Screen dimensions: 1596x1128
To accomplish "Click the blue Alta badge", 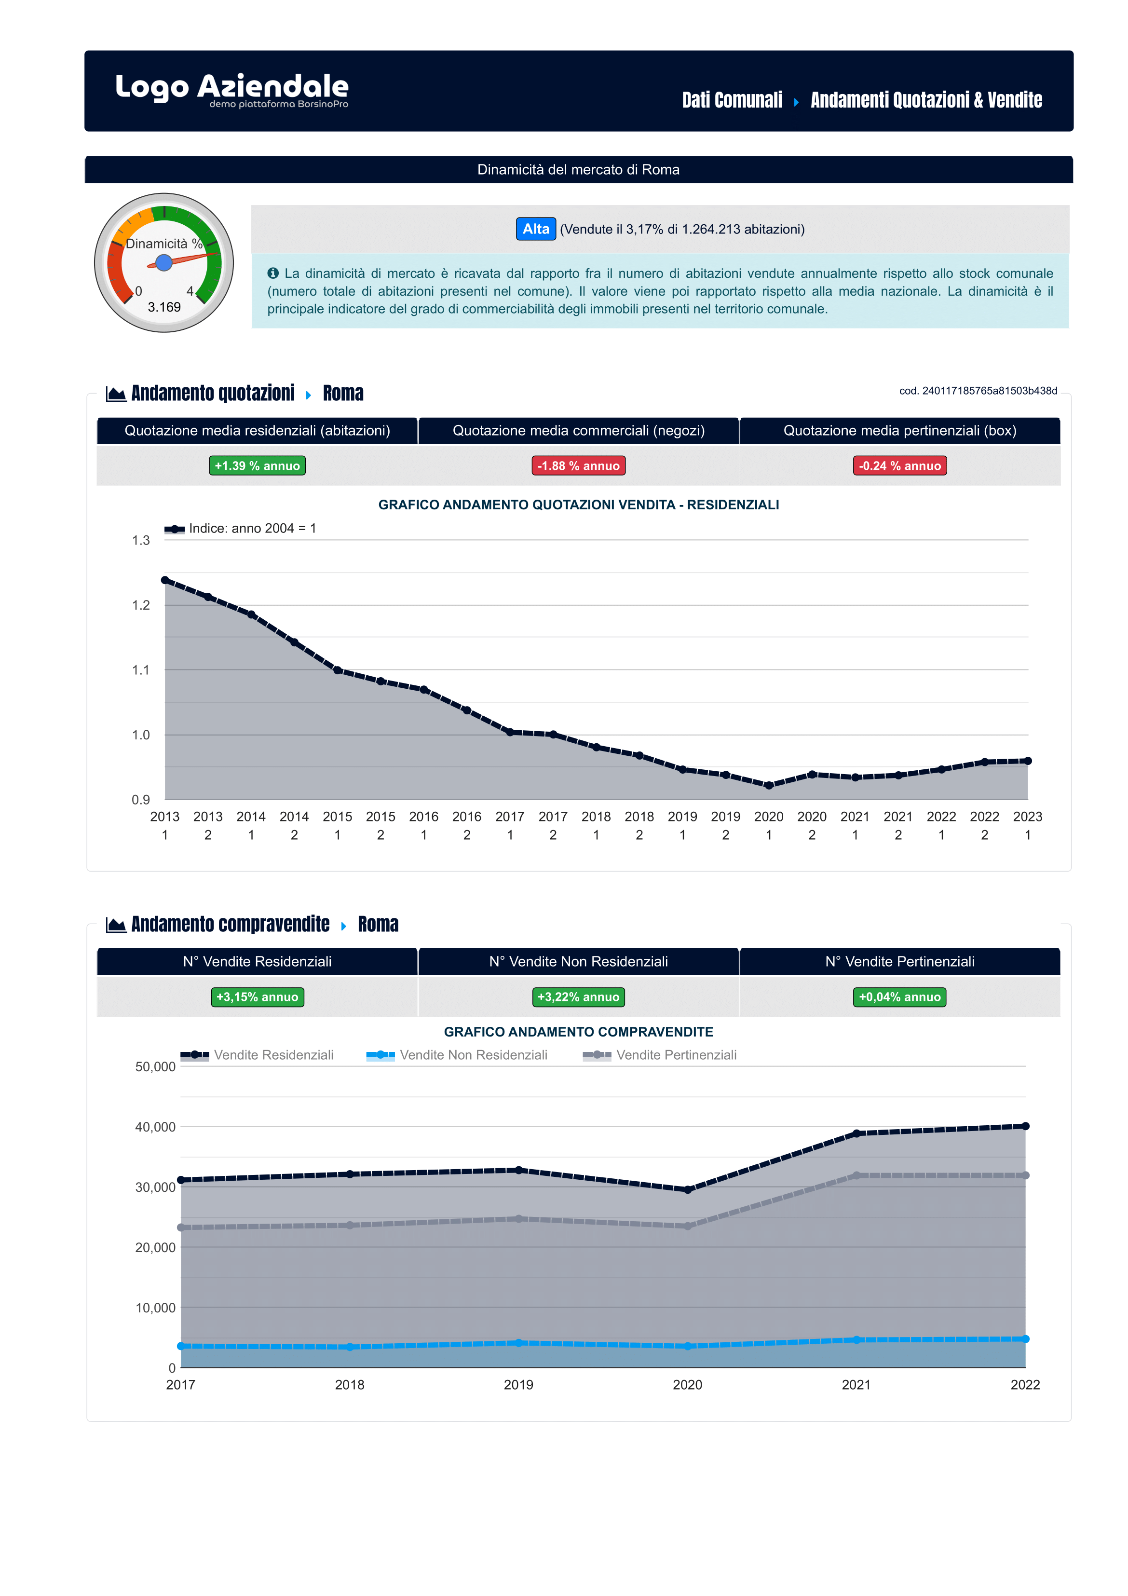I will (x=535, y=229).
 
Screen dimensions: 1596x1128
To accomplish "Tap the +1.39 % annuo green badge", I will (x=257, y=466).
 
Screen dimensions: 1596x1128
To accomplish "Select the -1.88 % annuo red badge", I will (x=578, y=466).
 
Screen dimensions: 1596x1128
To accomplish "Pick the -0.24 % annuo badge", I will (x=899, y=466).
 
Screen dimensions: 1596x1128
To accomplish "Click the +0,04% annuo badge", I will (x=899, y=997).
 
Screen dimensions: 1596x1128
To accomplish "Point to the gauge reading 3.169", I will (x=164, y=307).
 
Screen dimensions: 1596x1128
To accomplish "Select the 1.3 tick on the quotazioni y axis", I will (x=141, y=540).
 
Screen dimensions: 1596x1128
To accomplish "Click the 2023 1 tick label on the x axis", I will (x=1027, y=825).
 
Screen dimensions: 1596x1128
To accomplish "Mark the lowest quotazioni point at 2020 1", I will (x=769, y=786).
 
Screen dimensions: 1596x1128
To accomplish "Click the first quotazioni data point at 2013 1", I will (x=165, y=580).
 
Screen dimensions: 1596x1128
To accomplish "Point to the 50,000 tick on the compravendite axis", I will (x=155, y=1066).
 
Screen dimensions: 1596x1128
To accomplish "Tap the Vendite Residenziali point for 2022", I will (x=1025, y=1126).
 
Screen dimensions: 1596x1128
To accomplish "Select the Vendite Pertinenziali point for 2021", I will (x=856, y=1175).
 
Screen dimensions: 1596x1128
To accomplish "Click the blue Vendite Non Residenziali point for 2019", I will (x=518, y=1343).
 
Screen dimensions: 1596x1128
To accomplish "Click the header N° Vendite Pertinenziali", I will (x=899, y=961).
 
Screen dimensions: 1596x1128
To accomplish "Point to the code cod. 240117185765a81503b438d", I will (x=978, y=391).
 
